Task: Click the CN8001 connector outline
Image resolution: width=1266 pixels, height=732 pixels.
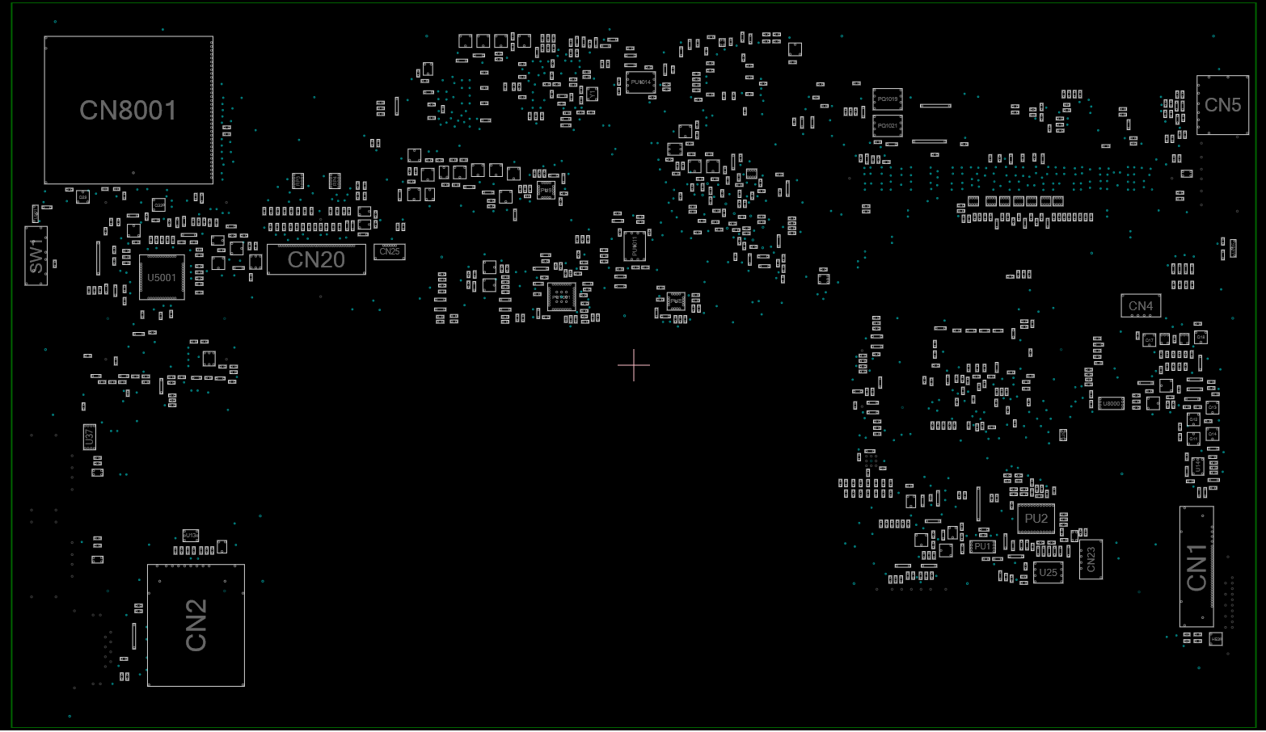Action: [129, 110]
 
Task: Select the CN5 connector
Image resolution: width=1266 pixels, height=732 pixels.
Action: [1222, 105]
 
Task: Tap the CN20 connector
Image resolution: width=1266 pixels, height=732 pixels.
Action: [316, 259]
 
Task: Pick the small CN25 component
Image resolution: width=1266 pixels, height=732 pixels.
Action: [390, 251]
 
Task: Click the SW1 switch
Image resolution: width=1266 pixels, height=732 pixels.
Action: [36, 255]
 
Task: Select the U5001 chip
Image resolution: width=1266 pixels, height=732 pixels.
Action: [162, 278]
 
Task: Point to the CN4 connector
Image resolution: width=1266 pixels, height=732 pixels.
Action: [1141, 306]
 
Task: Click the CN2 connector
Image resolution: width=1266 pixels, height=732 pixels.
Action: [196, 625]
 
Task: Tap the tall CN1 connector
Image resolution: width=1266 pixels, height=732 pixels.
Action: [1196, 567]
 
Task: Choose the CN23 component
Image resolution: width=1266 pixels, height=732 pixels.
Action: [1091, 559]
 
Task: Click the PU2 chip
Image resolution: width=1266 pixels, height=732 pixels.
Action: [1036, 519]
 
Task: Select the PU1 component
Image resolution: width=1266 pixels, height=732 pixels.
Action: [982, 547]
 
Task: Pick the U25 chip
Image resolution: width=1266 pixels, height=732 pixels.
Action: [1048, 572]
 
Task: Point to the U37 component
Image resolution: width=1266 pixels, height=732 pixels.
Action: [90, 437]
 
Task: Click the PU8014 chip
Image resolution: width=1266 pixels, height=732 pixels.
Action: [640, 82]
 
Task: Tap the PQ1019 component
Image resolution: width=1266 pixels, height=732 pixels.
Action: [887, 99]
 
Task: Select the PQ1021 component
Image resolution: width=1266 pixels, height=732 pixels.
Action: [887, 125]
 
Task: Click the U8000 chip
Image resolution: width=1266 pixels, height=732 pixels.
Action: [1111, 403]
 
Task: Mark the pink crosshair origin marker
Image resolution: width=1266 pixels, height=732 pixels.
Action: [634, 365]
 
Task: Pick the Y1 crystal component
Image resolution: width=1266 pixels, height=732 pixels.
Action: [592, 95]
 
